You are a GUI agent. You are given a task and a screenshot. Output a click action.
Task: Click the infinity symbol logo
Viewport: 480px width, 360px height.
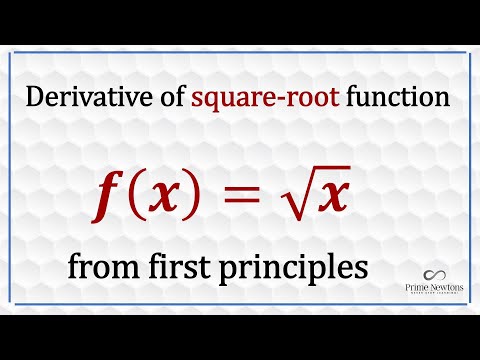[436, 274]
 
